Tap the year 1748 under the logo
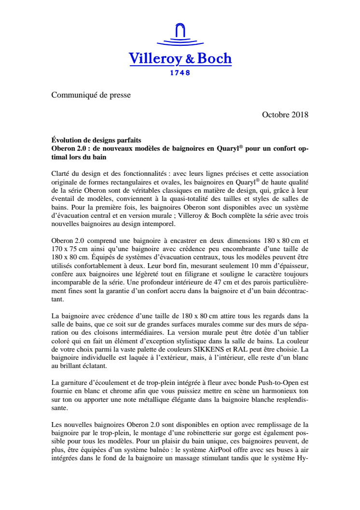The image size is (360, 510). coord(180,73)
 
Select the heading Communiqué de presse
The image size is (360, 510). coord(91,95)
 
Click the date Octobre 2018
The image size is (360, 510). coord(285,115)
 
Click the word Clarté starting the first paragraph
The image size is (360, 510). coord(61,173)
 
